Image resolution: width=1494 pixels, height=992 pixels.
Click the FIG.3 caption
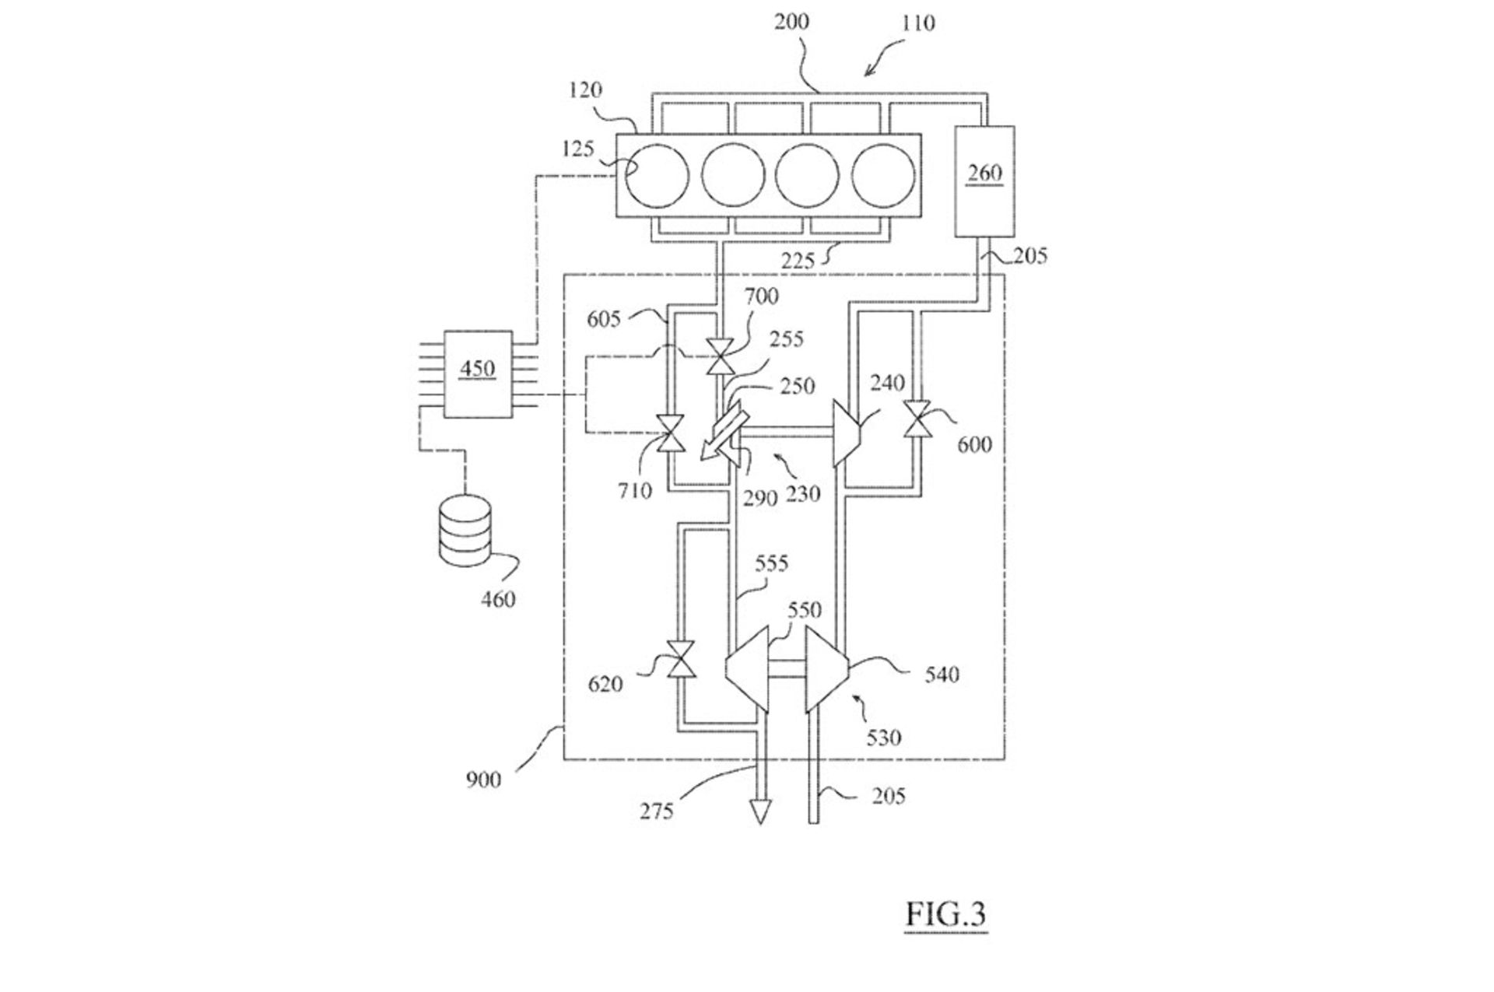[x=945, y=913]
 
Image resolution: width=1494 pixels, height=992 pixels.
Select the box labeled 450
[x=477, y=374]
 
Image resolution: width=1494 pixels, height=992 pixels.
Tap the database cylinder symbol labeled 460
[x=465, y=532]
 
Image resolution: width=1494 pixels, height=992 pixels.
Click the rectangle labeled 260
[x=984, y=181]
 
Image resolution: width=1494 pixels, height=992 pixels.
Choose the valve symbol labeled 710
[x=670, y=433]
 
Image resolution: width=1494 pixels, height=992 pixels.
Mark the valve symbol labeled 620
[x=683, y=660]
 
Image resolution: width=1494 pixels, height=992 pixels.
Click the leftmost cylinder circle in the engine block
[x=658, y=176]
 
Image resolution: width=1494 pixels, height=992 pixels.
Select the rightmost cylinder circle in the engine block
[x=883, y=176]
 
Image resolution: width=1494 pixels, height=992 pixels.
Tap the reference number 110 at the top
[x=918, y=23]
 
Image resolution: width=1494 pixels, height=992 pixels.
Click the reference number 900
[x=483, y=779]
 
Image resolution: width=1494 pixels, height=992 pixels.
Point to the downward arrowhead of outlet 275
[x=759, y=813]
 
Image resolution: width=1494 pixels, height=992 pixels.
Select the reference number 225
[x=798, y=261]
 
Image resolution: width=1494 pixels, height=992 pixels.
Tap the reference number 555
[x=771, y=563]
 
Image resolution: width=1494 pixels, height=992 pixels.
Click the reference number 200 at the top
[x=791, y=22]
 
